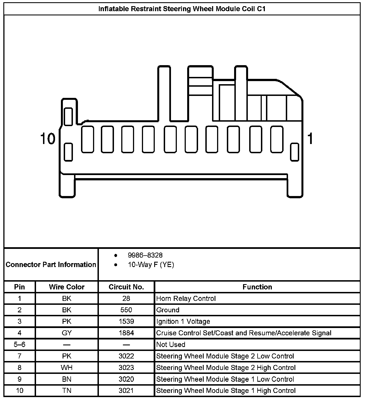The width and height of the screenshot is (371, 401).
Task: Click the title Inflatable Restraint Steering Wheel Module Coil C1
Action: pyautogui.click(x=182, y=9)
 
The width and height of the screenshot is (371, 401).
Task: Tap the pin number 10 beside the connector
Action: pyautogui.click(x=48, y=139)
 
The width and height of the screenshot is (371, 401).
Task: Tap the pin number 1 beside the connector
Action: pyautogui.click(x=310, y=139)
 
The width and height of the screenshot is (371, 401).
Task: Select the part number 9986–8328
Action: pyautogui.click(x=145, y=255)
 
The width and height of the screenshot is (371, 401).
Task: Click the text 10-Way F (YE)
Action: pyautogui.click(x=151, y=265)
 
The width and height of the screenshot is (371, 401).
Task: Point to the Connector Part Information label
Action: pyautogui.click(x=51, y=265)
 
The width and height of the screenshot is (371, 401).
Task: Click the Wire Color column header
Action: pyautogui.click(x=66, y=287)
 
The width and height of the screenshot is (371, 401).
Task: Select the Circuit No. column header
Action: pyautogui.click(x=126, y=287)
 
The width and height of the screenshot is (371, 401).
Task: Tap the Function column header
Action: pyautogui.click(x=257, y=287)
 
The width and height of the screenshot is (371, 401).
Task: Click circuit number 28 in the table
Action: pyautogui.click(x=126, y=298)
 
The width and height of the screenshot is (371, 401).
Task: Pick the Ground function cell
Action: pyautogui.click(x=168, y=310)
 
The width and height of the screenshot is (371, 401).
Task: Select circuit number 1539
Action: pyautogui.click(x=126, y=321)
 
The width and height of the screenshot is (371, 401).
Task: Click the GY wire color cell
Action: pyautogui.click(x=66, y=333)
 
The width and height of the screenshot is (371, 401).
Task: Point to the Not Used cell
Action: pyautogui.click(x=171, y=345)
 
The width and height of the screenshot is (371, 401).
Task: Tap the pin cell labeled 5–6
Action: pyautogui.click(x=20, y=345)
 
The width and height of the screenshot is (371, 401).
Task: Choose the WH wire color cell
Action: pyautogui.click(x=66, y=367)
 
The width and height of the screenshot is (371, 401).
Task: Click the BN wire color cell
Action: pyautogui.click(x=66, y=379)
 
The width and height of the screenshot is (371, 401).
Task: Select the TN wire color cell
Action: pyautogui.click(x=66, y=391)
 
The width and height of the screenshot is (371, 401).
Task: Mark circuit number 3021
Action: pyautogui.click(x=126, y=391)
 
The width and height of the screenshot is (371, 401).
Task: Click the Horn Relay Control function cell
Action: pyautogui.click(x=186, y=298)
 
